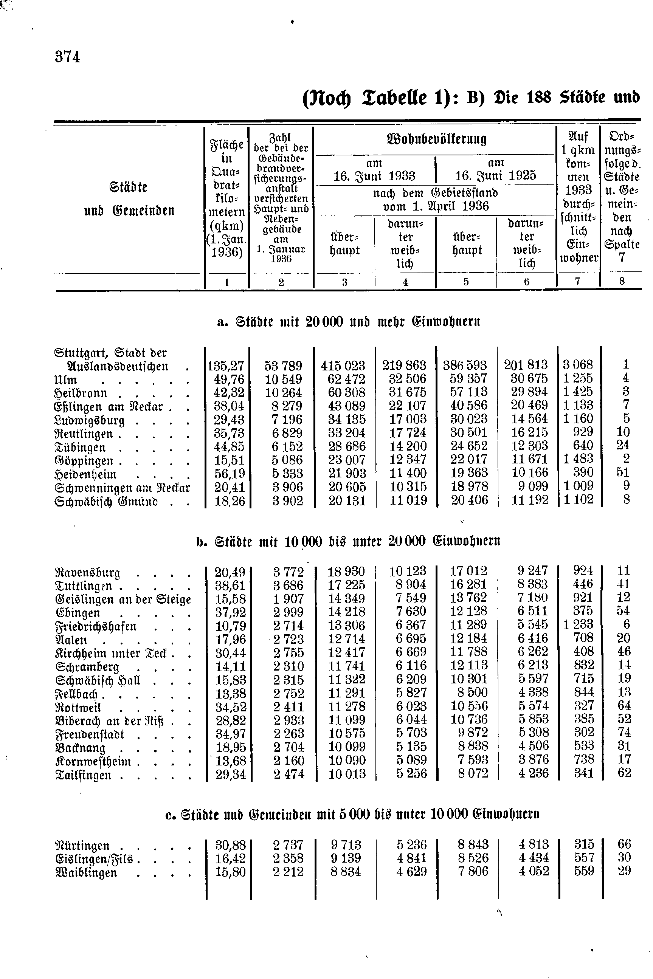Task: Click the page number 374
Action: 67,57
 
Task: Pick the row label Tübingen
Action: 80,448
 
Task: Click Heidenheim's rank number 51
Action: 623,472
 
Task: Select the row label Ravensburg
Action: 87,573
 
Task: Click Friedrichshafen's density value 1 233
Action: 578,624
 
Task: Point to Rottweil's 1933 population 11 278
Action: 346,706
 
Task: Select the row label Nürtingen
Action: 82,846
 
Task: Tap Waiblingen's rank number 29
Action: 624,871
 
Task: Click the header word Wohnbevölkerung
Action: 436,139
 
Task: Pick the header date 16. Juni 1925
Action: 495,175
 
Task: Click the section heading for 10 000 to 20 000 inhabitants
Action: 348,541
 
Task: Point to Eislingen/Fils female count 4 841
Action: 411,858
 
